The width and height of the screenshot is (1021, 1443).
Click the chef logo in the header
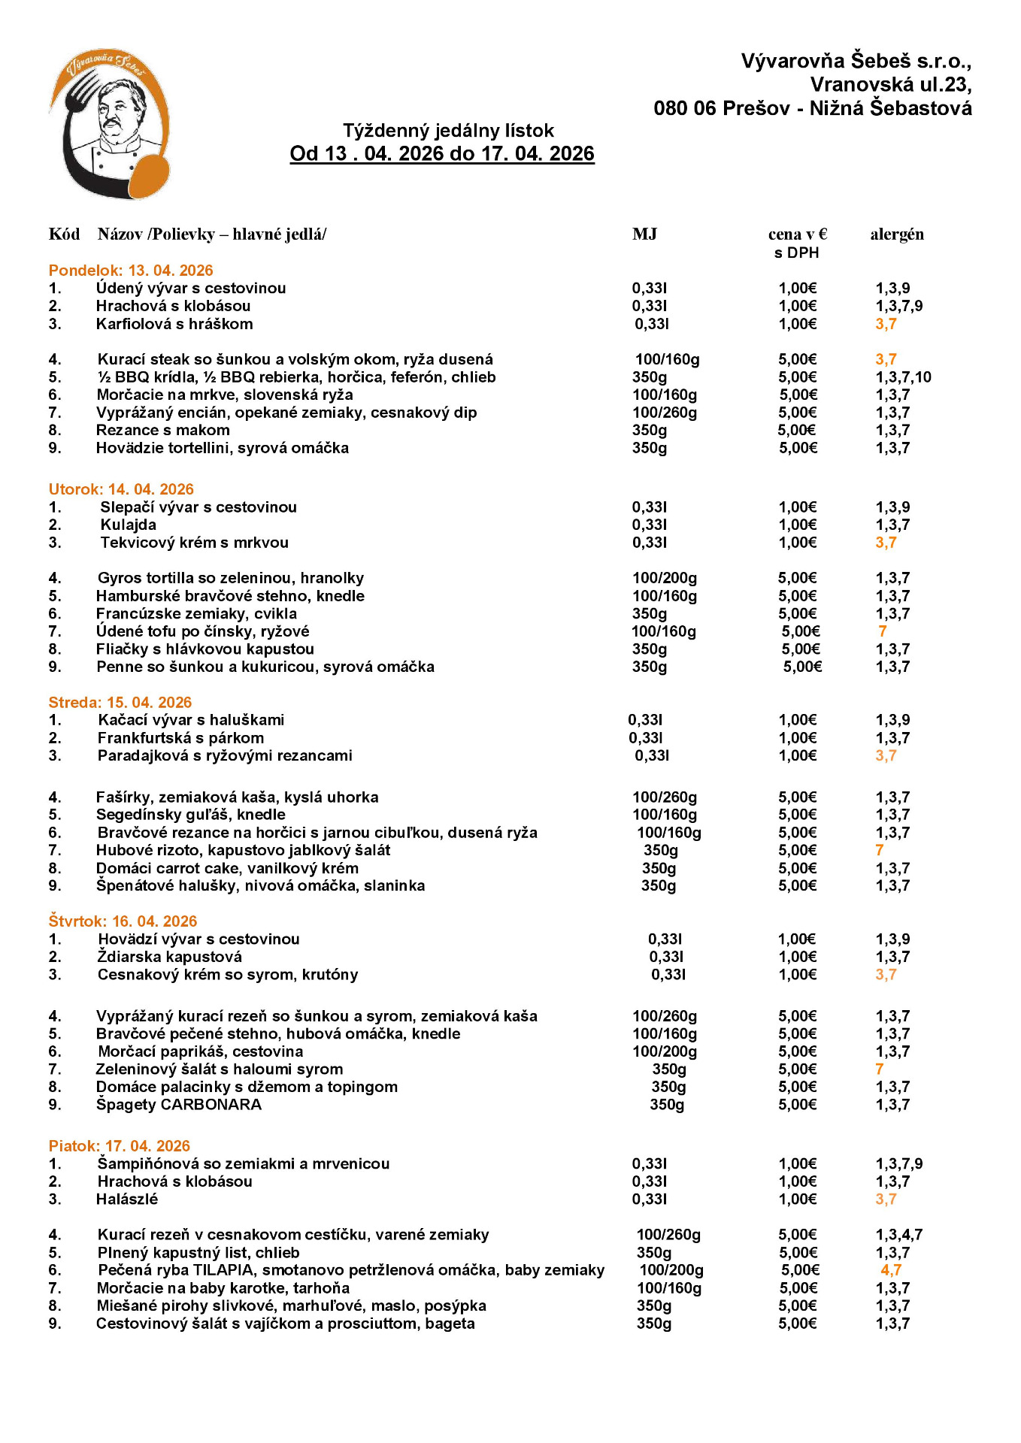click(x=110, y=124)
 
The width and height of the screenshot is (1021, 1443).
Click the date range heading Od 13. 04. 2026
click(x=442, y=153)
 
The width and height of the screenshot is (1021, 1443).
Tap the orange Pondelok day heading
click(x=131, y=271)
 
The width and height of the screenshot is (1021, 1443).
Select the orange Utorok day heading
click(x=121, y=489)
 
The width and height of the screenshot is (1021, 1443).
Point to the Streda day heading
click(x=120, y=703)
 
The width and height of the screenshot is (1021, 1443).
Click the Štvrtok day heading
click(x=123, y=921)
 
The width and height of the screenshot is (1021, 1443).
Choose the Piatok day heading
click(x=119, y=1146)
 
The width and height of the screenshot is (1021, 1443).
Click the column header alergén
click(x=897, y=234)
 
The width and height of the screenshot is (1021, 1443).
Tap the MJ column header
click(x=644, y=234)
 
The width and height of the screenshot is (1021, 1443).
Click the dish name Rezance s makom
click(x=163, y=431)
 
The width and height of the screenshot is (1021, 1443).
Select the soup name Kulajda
click(x=129, y=525)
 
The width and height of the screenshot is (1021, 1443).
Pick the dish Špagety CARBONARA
click(x=179, y=1105)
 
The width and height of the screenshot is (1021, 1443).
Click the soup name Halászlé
click(x=127, y=1199)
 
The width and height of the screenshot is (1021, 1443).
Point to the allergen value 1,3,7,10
click(x=903, y=377)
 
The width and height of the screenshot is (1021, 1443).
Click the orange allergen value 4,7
click(x=891, y=1270)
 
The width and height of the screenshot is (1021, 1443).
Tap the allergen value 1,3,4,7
click(x=898, y=1235)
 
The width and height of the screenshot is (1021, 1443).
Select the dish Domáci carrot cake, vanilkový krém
click(x=227, y=869)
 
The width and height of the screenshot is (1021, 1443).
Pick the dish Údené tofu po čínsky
click(x=203, y=631)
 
